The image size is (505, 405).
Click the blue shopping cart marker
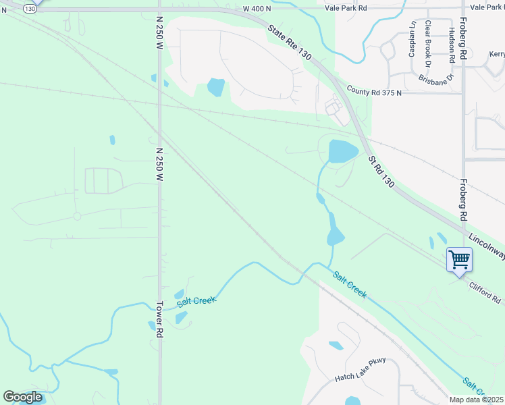point(458,259)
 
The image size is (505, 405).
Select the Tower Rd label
point(160,319)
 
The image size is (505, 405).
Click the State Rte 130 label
point(289,44)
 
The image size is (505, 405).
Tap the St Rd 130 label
point(380,171)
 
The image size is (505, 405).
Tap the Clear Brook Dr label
point(427,43)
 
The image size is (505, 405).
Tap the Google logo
point(22,397)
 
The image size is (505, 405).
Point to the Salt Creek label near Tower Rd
point(196,300)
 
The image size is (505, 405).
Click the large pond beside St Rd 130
point(342,151)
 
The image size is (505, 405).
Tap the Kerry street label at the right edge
point(497,54)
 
